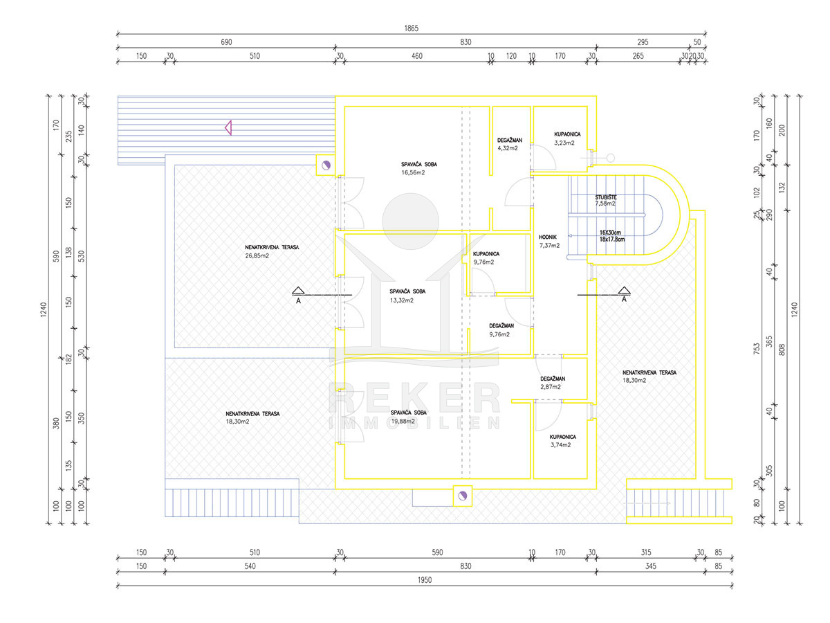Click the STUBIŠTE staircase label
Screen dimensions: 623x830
tap(606, 197)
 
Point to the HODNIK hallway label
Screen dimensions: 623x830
tap(548, 236)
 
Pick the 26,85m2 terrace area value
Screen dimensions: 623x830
tap(257, 255)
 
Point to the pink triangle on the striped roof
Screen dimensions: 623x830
tap(227, 127)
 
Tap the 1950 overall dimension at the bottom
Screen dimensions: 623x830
tap(425, 580)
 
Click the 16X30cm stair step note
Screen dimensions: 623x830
tap(609, 232)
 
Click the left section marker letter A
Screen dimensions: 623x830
tap(298, 300)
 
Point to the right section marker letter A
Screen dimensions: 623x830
tap(624, 300)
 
